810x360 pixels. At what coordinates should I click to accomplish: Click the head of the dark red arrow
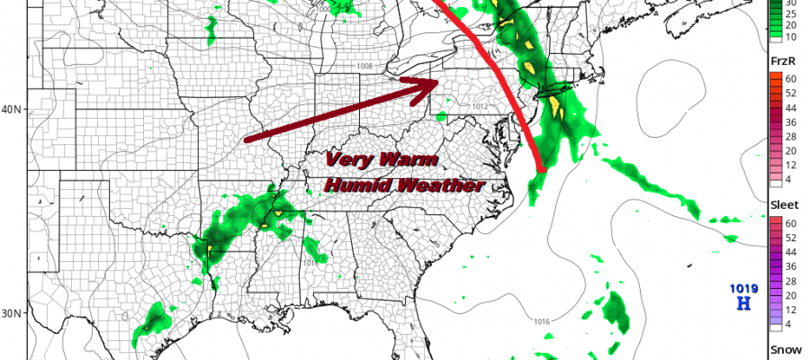pyautogui.click(x=433, y=83)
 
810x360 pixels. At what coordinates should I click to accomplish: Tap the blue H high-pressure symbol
pyautogui.click(x=743, y=304)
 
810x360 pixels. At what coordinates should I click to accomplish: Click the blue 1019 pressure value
pyautogui.click(x=743, y=289)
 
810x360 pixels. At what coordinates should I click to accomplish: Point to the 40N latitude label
pyautogui.click(x=12, y=110)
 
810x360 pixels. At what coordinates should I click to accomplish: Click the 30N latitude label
pyautogui.click(x=12, y=313)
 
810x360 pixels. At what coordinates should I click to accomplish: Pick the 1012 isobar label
pyautogui.click(x=481, y=106)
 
